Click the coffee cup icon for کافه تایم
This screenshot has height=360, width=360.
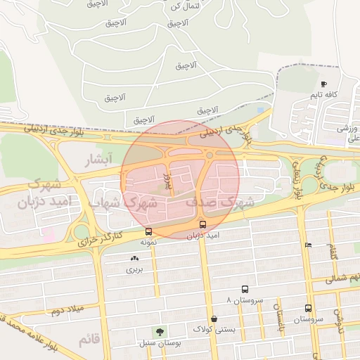click(323, 84)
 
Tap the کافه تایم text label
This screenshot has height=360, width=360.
click(325, 94)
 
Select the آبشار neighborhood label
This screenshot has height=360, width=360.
click(98, 160)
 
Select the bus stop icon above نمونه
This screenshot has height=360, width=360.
click(148, 231)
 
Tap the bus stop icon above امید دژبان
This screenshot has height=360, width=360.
click(203, 225)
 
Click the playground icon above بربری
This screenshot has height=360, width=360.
click(134, 259)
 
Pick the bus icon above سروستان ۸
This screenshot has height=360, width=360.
click(245, 289)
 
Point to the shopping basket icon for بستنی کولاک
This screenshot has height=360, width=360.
click(213, 319)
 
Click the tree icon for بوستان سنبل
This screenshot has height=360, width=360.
click(160, 332)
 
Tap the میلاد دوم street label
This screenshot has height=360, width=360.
click(66, 310)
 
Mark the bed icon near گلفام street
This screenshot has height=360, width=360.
click(308, 245)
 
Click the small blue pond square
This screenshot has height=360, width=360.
click(261, 110)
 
